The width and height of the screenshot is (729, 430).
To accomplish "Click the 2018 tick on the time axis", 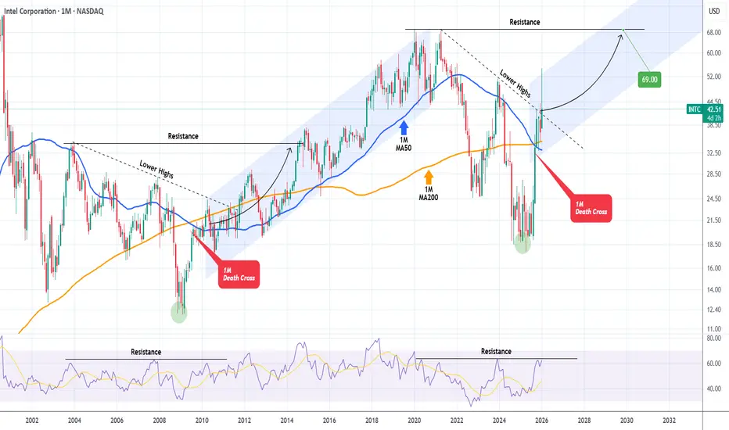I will (372, 419).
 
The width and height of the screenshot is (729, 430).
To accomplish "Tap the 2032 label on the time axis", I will (669, 419).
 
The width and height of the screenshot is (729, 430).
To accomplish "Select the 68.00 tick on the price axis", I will (713, 34).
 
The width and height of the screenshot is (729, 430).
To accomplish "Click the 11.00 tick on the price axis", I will (713, 331).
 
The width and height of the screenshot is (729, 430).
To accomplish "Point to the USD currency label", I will (714, 11).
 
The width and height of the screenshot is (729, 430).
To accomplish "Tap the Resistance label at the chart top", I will (523, 22).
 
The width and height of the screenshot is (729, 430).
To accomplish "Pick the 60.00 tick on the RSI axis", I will (713, 364).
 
